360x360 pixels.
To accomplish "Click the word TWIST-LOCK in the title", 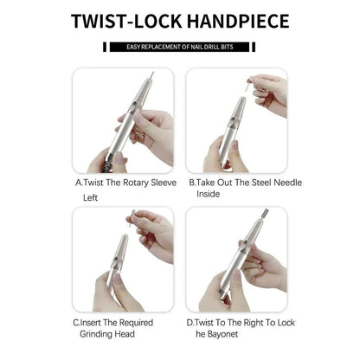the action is (126, 21).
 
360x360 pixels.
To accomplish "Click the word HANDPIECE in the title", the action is (238, 21).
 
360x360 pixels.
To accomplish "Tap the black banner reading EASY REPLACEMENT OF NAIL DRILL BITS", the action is (179, 47).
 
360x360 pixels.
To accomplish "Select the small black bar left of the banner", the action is (105, 47).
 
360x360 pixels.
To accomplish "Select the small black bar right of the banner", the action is (254, 47).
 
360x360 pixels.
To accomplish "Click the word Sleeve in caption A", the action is (163, 183).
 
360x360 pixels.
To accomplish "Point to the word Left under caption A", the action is (90, 198).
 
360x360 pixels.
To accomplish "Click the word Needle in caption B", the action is (287, 183).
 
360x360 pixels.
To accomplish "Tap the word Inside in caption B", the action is (208, 194).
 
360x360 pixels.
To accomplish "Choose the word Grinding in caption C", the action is (96, 334).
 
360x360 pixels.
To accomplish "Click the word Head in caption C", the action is (125, 334).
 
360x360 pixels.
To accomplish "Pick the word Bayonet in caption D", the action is (222, 334).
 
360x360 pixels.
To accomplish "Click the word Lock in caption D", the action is (286, 323).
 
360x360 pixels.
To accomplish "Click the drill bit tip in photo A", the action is (151, 74).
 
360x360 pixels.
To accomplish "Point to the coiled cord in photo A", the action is (107, 167).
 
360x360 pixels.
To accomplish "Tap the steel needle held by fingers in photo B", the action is (248, 86).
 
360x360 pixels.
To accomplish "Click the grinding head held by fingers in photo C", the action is (132, 219).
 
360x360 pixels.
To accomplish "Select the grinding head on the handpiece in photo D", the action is (266, 213).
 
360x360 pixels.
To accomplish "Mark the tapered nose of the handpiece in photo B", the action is (239, 110).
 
